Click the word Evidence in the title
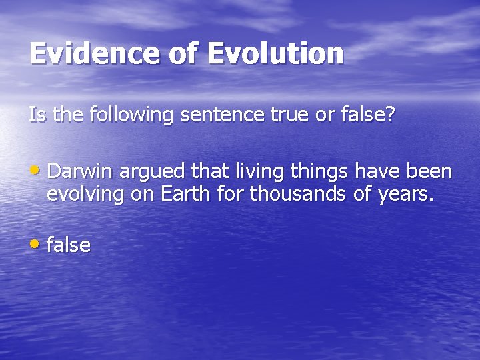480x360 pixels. (x=95, y=54)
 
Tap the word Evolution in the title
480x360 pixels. (x=275, y=54)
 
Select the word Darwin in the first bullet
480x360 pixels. (x=81, y=172)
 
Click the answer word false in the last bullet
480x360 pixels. (x=69, y=245)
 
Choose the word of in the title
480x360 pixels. (x=184, y=54)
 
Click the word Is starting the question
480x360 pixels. (x=37, y=115)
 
